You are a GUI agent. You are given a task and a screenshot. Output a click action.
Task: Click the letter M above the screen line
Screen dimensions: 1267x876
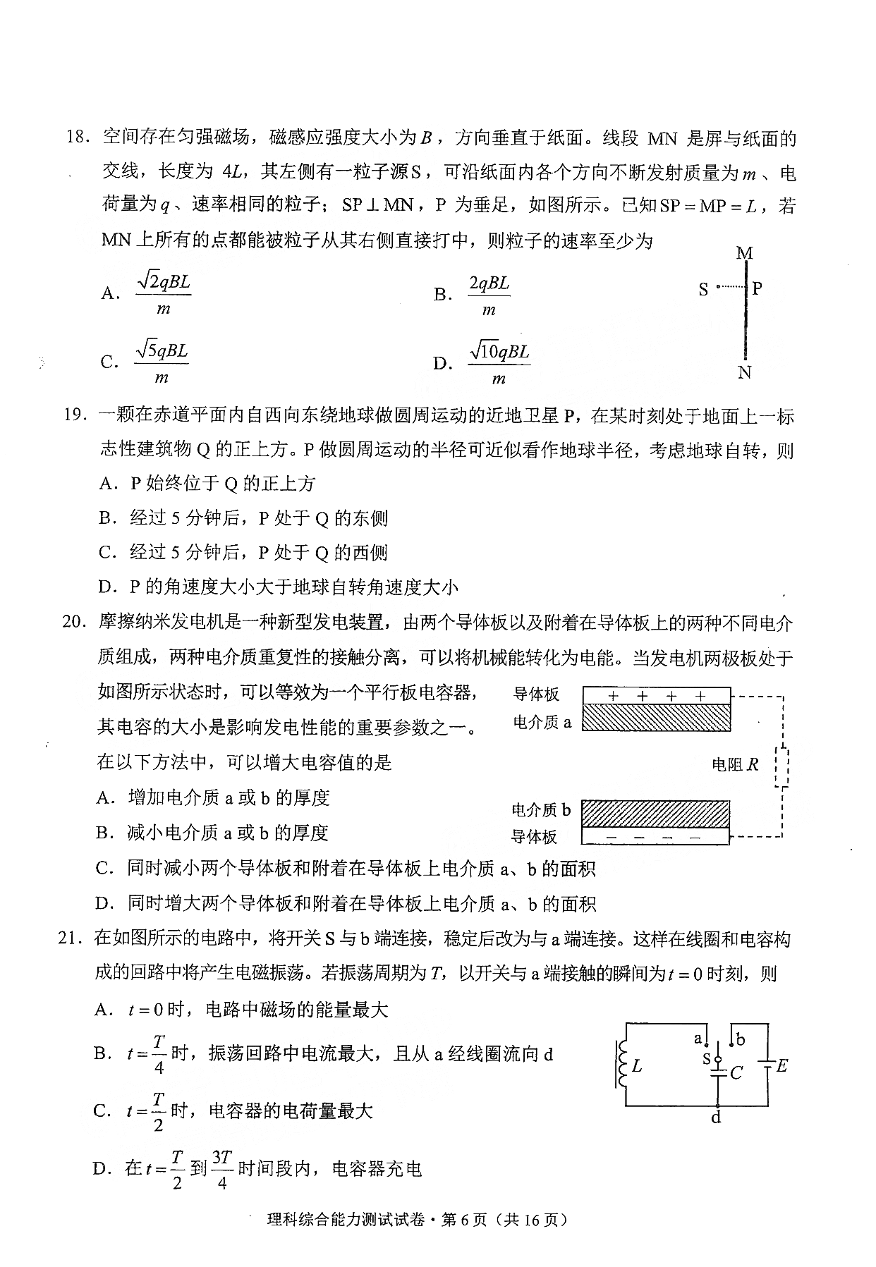click(x=745, y=253)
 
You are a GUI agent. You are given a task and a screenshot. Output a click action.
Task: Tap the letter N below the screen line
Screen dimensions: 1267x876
click(x=745, y=373)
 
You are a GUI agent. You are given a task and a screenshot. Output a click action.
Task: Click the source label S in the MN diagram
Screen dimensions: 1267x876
click(x=703, y=289)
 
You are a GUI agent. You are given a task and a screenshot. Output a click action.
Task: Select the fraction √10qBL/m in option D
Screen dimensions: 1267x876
click(x=499, y=364)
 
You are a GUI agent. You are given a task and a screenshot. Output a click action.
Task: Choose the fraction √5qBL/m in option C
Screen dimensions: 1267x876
click(x=162, y=362)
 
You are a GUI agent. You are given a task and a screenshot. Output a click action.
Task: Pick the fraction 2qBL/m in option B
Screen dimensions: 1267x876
click(x=489, y=295)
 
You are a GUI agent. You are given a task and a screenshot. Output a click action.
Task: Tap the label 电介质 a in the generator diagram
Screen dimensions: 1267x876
click(x=542, y=722)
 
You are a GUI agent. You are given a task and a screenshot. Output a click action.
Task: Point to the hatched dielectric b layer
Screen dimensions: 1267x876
click(x=655, y=813)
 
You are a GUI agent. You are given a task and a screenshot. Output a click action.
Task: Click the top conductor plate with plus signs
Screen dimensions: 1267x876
click(x=656, y=695)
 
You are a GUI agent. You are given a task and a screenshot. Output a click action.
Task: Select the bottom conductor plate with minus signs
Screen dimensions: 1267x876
click(x=655, y=836)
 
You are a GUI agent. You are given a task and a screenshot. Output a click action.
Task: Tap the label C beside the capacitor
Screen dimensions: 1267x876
click(x=737, y=1072)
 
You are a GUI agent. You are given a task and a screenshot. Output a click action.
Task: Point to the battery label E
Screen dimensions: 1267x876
click(x=781, y=1065)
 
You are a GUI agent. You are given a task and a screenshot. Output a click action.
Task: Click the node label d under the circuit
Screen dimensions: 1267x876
click(x=717, y=1118)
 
